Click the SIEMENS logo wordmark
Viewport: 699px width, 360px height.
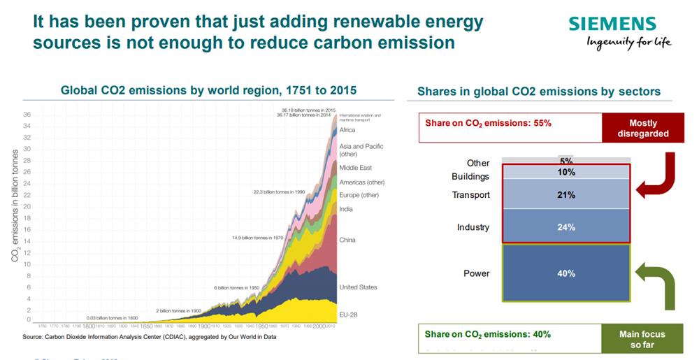point(612,24)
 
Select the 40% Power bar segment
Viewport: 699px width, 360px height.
point(567,273)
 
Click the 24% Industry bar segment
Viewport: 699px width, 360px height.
point(567,227)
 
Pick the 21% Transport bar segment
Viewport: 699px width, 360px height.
point(567,195)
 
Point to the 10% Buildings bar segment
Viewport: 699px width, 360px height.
point(567,172)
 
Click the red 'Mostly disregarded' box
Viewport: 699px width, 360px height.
point(643,128)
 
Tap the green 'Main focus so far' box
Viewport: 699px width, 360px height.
point(642,339)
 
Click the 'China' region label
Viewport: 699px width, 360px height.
point(347,240)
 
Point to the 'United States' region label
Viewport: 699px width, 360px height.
point(358,287)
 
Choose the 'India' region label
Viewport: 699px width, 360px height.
point(346,209)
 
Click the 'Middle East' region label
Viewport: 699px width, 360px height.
point(356,168)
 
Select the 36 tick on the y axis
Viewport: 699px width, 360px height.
point(27,114)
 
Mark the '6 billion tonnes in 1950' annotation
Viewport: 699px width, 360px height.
point(236,287)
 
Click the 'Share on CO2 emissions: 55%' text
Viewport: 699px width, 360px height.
point(489,123)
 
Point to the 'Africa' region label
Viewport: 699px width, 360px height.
point(347,130)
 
